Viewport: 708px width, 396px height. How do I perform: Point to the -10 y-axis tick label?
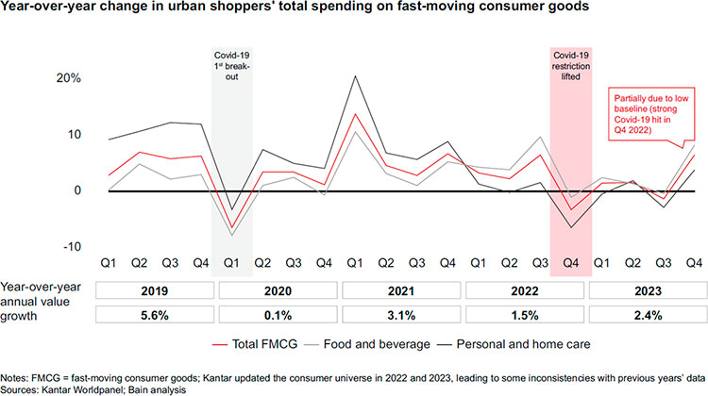70,246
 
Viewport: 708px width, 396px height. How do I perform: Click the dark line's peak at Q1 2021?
354,76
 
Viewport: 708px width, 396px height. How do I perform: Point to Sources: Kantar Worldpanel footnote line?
94,388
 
